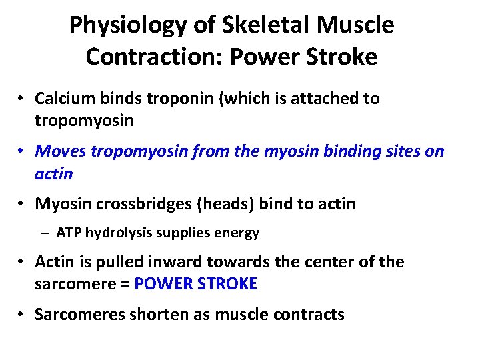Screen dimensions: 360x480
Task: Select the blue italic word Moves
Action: [60, 151]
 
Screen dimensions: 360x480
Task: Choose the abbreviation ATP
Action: [69, 233]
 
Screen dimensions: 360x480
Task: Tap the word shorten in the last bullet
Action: [146, 314]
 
